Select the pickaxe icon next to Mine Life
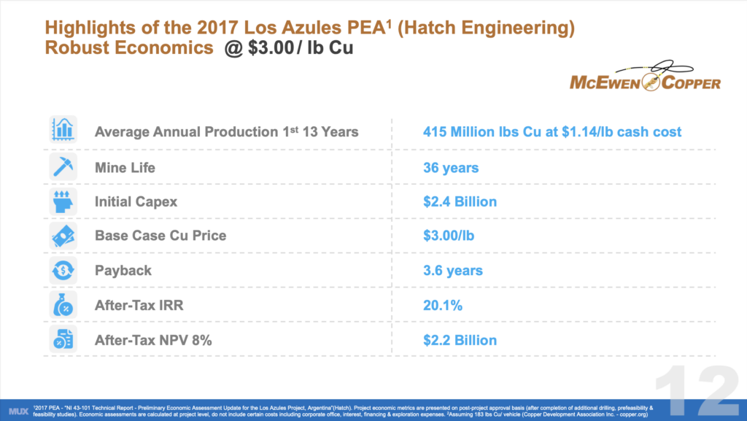click(x=63, y=167)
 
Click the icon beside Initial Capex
click(x=63, y=201)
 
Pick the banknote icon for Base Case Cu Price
click(x=63, y=236)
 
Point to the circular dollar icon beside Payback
click(x=63, y=271)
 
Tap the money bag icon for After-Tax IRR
click(x=63, y=305)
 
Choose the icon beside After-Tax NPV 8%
click(x=63, y=339)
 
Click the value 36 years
click(x=451, y=168)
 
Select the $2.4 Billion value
click(x=460, y=202)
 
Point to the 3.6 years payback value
click(x=453, y=271)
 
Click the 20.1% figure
click(x=443, y=306)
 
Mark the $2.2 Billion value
click(x=460, y=340)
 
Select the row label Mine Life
click(x=125, y=168)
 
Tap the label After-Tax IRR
click(x=139, y=306)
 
